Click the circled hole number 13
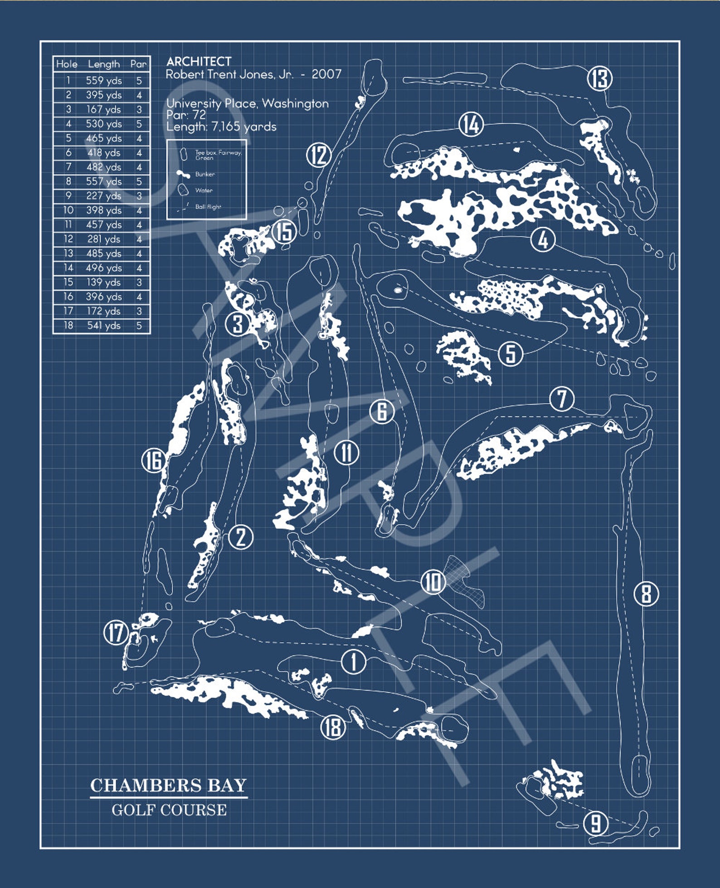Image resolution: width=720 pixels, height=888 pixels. (x=600, y=78)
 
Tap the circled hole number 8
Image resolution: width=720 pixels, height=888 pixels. (x=646, y=593)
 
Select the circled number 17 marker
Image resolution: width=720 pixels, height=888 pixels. (x=116, y=633)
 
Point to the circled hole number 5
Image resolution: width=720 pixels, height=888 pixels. (x=511, y=353)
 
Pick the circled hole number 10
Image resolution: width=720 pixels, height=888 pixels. (x=433, y=582)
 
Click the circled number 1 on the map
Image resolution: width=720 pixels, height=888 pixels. (x=353, y=662)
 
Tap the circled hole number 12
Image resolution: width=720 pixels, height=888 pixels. (x=319, y=155)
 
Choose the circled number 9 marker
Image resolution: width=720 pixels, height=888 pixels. (x=596, y=823)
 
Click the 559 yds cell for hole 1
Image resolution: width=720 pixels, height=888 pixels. (x=104, y=81)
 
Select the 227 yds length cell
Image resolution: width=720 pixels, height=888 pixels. (x=104, y=196)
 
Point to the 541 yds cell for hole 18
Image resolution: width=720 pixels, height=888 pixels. (x=104, y=326)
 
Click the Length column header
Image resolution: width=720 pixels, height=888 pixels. (x=104, y=64)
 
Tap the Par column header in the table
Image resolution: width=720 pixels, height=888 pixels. (x=138, y=64)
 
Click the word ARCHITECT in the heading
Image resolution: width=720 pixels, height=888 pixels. (x=199, y=61)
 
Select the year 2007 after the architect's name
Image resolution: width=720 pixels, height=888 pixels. (x=326, y=74)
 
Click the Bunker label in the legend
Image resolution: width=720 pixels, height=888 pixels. (x=205, y=174)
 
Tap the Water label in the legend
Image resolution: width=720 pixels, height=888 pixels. (x=204, y=190)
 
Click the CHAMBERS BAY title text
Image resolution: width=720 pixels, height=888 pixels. (x=168, y=785)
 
